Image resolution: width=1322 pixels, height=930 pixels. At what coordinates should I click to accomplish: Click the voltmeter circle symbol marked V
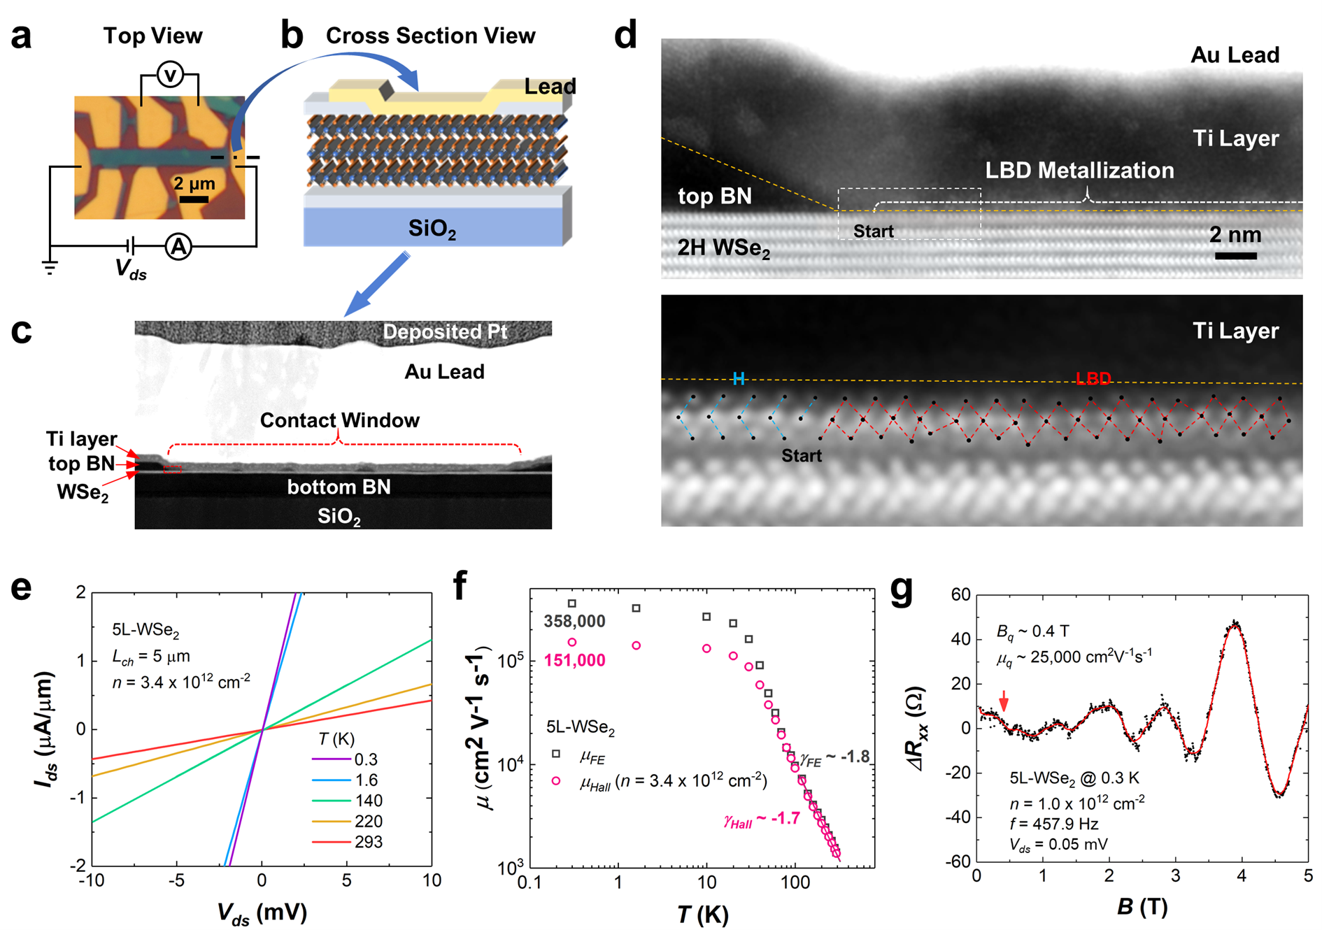170,74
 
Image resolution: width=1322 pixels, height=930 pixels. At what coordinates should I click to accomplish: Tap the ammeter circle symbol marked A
179,246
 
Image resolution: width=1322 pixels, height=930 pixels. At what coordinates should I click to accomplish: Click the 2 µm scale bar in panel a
194,200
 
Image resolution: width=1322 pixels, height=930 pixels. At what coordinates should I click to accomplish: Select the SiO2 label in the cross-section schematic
432,229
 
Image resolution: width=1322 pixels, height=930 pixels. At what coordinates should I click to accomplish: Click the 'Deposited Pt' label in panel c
445,331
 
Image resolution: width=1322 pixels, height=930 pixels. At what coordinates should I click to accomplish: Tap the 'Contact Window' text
340,420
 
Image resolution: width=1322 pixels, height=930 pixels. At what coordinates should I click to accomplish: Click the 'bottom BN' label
339,487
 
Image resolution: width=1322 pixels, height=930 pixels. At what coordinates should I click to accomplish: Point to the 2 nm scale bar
1235,256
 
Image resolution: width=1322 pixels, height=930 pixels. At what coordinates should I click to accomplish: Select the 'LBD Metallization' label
1079,171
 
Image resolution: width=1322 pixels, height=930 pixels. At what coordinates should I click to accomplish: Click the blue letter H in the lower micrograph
738,379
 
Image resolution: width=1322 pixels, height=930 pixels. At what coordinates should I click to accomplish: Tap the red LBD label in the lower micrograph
1093,379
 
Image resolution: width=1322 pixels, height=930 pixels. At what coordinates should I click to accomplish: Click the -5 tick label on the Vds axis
176,880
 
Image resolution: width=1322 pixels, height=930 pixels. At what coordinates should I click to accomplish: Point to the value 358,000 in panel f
574,621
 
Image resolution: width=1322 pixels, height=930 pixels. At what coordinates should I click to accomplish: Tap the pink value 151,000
574,660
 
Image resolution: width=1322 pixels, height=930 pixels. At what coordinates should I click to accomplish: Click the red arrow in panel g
1004,701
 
